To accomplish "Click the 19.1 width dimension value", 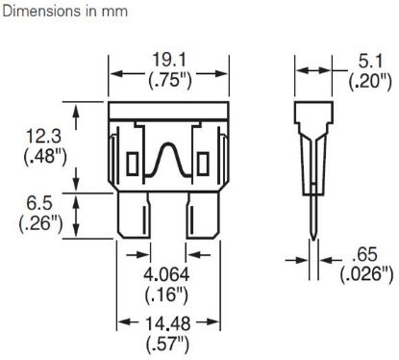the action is coord(169,60).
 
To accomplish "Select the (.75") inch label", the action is coord(169,80).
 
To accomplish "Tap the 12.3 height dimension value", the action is coord(43,136).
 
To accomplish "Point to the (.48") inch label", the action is coord(45,157).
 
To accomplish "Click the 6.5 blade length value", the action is coord(39,203).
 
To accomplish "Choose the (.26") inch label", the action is coord(40,223).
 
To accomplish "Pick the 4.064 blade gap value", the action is coord(166,274).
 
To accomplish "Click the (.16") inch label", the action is coord(166,295).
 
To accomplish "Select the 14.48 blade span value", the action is coord(168,323).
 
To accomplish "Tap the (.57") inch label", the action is coord(167,345).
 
